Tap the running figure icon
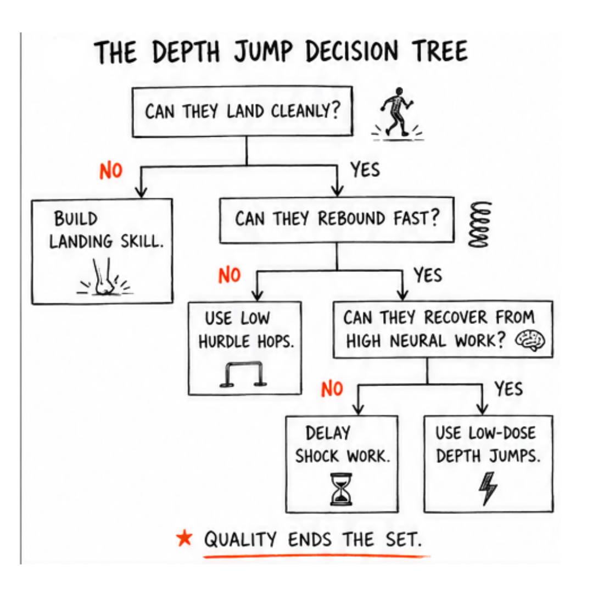click(397, 114)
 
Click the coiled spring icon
click(479, 224)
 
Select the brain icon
click(530, 340)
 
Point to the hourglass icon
click(342, 489)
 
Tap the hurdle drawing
click(244, 374)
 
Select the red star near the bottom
click(184, 538)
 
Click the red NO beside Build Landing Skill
click(111, 171)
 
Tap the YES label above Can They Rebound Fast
click(365, 170)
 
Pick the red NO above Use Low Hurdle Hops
click(230, 275)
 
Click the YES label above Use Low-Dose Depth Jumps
click(508, 389)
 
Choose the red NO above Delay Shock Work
click(332, 389)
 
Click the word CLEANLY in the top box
click(306, 111)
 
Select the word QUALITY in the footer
click(240, 539)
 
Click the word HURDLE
click(224, 342)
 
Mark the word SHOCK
click(317, 456)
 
